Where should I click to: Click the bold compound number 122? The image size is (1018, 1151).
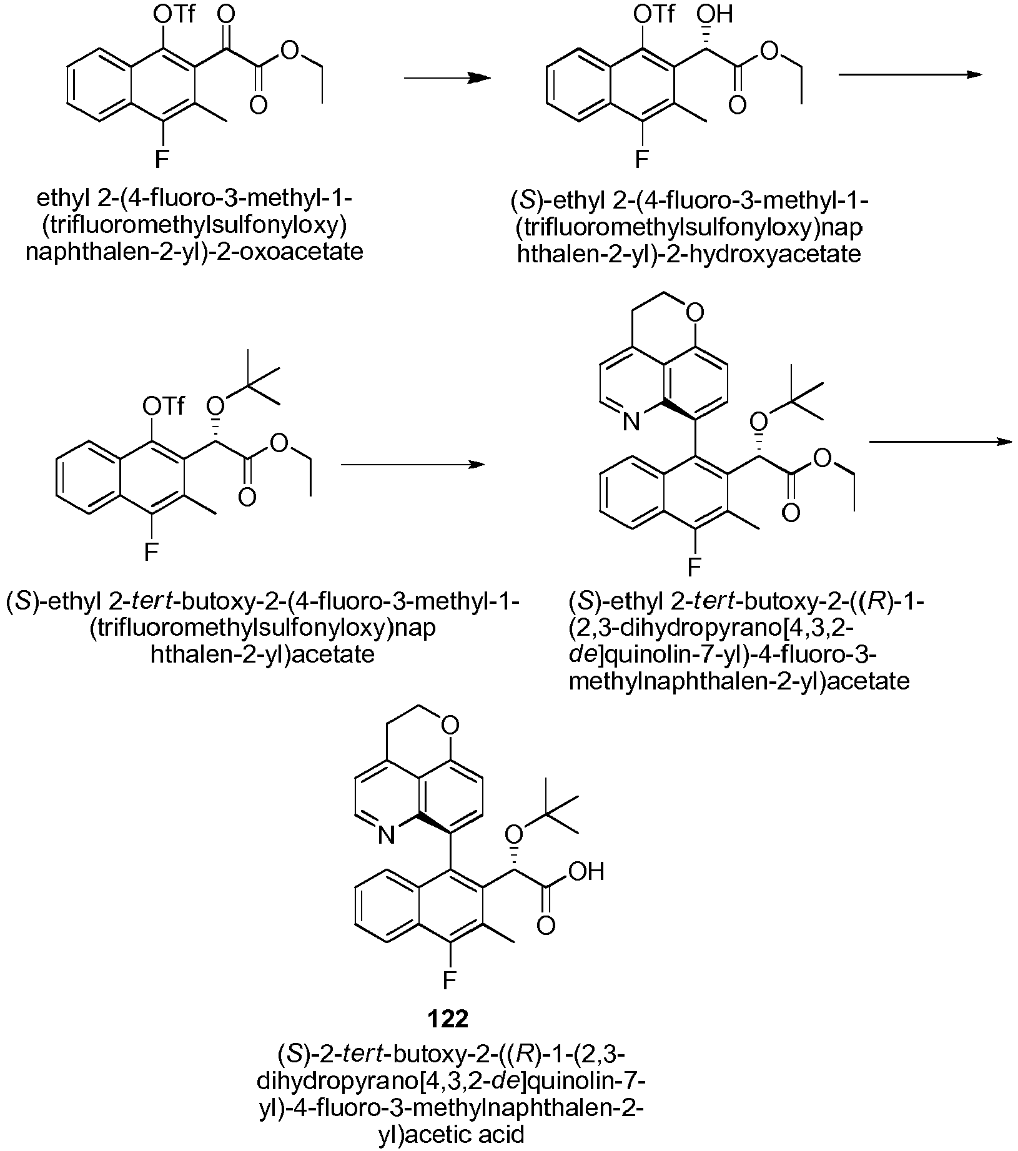448,1019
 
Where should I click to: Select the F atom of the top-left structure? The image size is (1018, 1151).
162,160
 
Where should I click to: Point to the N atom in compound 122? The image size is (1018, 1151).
387,835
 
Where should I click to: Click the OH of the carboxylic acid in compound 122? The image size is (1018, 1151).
588,872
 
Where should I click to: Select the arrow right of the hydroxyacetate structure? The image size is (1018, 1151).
911,74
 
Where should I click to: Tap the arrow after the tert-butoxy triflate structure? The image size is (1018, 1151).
413,465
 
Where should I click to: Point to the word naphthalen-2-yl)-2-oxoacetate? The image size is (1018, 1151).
195,252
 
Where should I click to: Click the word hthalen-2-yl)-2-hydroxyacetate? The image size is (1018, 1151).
689,254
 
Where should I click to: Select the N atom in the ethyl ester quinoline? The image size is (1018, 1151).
631,423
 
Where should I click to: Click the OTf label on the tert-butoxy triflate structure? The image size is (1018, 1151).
164,407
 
